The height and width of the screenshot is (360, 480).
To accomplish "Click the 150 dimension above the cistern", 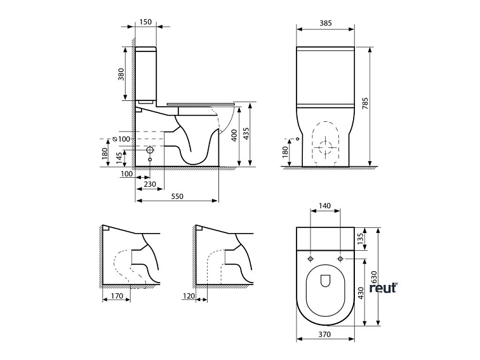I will [x=145, y=22].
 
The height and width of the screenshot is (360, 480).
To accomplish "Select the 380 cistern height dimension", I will [x=121, y=75].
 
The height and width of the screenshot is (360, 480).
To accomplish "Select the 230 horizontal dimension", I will [x=150, y=184].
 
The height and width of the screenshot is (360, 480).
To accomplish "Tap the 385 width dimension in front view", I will [x=326, y=23].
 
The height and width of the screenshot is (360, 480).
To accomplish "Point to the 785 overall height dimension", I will [x=365, y=104].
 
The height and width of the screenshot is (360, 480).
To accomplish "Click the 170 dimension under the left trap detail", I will [x=116, y=295].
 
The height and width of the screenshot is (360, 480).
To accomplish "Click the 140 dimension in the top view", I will [x=325, y=206].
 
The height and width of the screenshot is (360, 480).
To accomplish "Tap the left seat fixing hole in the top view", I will [x=310, y=260].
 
